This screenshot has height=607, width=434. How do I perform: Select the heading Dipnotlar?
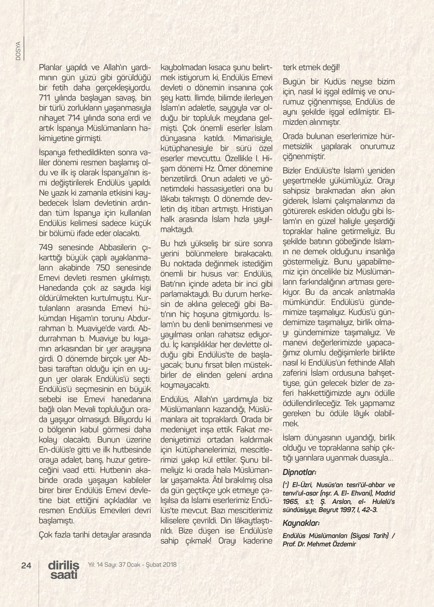point(299,472)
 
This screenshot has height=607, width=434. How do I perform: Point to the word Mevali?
point(87,409)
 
